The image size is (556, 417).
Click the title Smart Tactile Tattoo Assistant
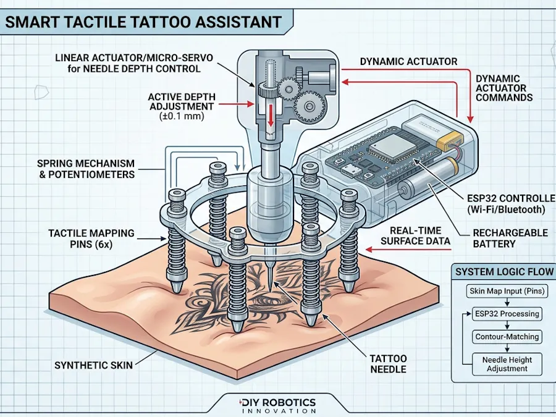point(143,22)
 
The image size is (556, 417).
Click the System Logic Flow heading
point(504,272)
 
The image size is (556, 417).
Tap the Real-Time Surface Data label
point(416,235)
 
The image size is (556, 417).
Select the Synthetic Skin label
point(93,365)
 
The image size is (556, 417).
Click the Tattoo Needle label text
point(388,363)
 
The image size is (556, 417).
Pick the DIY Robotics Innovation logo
point(277,405)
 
